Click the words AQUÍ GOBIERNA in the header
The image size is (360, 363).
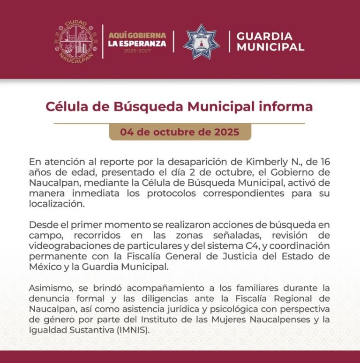pos(137,35)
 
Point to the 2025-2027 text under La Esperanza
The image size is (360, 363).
pos(137,51)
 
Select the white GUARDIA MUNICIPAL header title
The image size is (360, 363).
pos(270,42)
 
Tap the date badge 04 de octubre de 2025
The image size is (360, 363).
pos(180,132)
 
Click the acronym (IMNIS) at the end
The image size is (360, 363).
pos(141,330)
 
